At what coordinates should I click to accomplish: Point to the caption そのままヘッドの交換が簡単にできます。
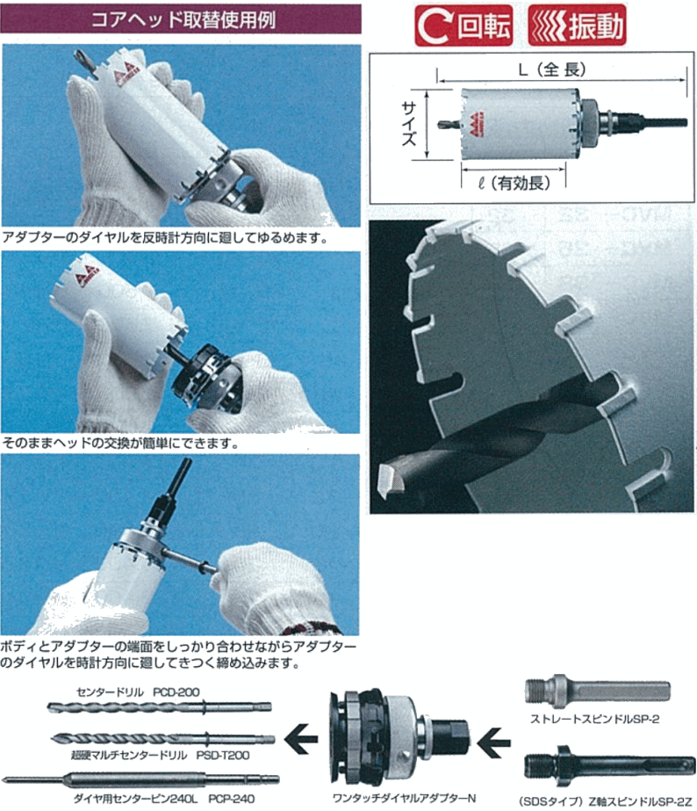pyautogui.click(x=121, y=444)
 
